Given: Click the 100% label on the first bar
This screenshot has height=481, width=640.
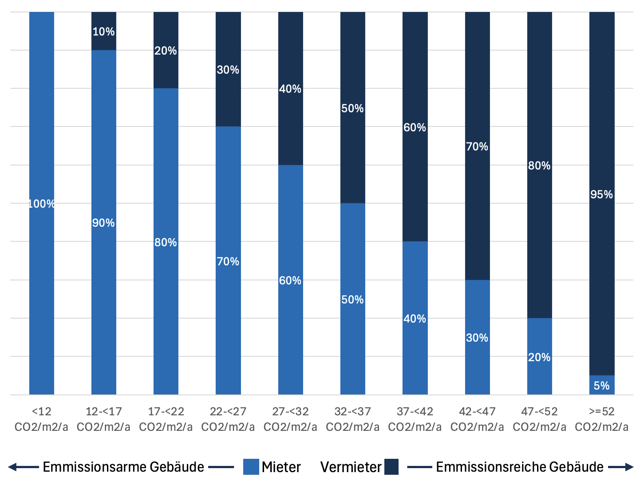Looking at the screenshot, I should coord(41,204).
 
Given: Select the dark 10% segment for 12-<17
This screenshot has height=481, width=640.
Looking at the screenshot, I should coord(104,31).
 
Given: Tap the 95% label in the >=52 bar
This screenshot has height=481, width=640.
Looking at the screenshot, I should coord(601,194).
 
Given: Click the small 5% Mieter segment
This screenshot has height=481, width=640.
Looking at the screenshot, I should coord(602,385).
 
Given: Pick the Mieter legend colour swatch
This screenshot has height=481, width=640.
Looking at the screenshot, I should coord(251,467).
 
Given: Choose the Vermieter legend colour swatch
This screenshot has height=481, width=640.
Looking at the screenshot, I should coord(391,467).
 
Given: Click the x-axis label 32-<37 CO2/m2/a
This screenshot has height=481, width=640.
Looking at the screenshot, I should coord(352,419).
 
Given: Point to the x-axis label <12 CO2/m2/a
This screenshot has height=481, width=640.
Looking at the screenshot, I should coord(41,419).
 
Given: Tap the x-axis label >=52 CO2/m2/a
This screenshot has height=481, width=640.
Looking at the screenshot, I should coord(601,419).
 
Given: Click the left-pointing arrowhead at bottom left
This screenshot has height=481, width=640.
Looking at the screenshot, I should coord(12,467).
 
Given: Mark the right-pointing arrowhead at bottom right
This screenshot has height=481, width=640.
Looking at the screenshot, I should coord(628,467).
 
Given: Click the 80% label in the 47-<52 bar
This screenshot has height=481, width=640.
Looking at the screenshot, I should coord(539,166).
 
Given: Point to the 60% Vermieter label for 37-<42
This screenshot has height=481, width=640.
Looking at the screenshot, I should coord(415,127).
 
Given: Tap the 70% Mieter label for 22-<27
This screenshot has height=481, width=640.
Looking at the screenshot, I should coord(228,261).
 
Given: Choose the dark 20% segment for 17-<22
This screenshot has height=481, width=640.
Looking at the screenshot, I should coord(166,50).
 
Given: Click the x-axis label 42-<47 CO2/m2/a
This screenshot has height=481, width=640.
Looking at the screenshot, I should coord(477,419).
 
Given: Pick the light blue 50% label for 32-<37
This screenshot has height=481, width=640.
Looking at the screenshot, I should coord(352,300).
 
